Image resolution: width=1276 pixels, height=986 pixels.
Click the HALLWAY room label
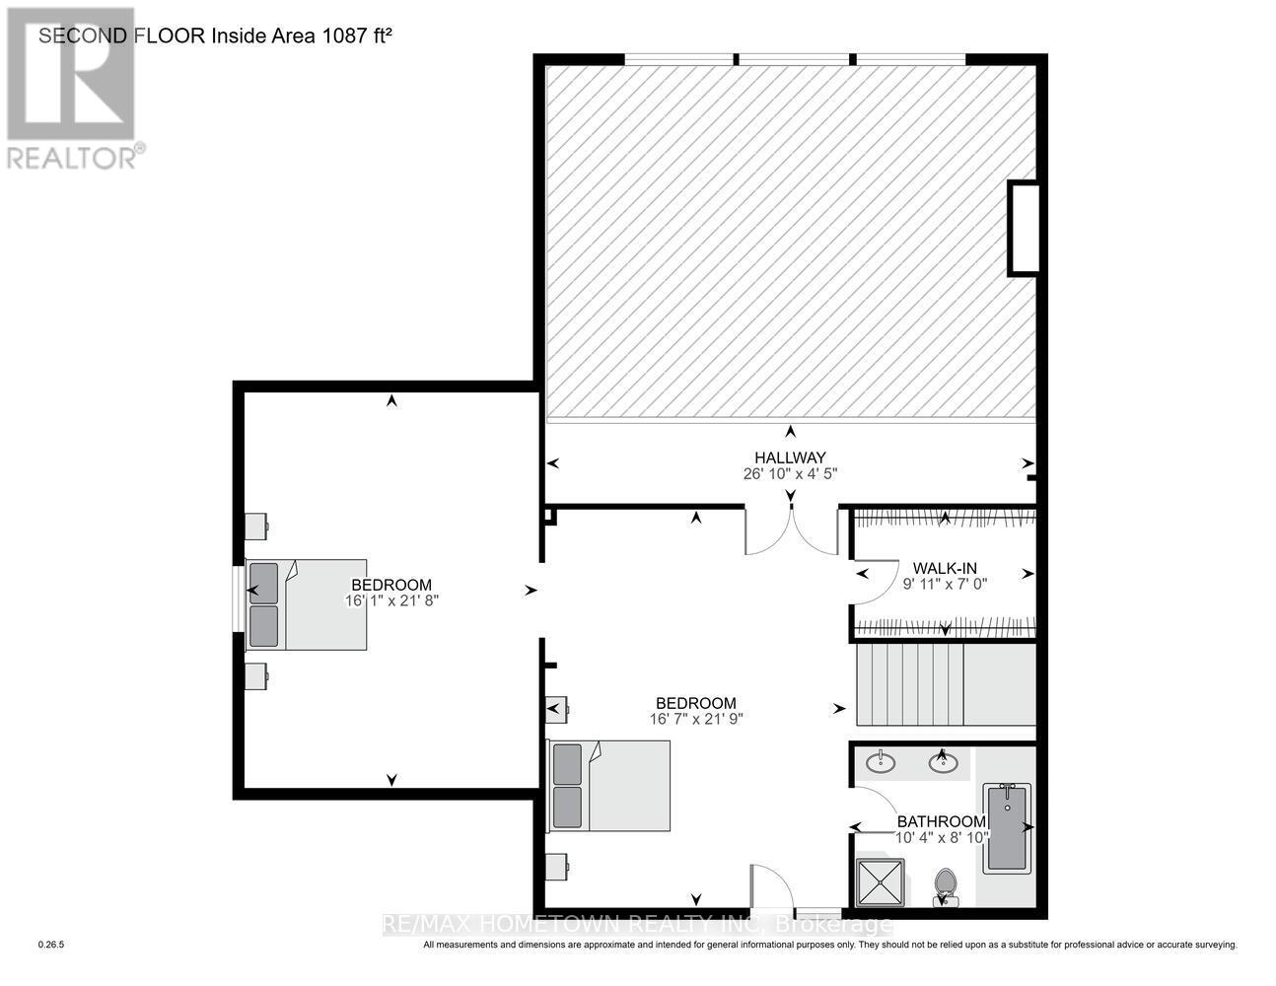(x=789, y=458)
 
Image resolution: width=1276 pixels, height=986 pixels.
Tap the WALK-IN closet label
(x=944, y=568)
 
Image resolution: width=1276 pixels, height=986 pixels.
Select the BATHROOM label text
(x=941, y=821)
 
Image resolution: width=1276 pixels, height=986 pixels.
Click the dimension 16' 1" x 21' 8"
(x=391, y=599)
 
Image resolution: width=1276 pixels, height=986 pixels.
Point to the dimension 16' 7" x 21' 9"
(x=695, y=719)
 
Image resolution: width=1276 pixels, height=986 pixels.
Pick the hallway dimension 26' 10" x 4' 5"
(x=790, y=473)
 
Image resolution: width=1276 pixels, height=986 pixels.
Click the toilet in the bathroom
(x=945, y=884)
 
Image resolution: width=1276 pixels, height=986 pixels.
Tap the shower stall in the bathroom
(x=880, y=881)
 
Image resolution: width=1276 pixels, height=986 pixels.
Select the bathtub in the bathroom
(x=1006, y=826)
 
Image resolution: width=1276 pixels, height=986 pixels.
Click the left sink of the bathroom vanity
(x=881, y=762)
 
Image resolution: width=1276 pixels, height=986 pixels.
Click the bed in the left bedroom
(x=307, y=604)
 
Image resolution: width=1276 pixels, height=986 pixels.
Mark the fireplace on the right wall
(x=1023, y=229)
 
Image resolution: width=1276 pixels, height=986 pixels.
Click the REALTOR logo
(x=72, y=89)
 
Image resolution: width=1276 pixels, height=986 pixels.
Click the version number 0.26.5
(x=51, y=945)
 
